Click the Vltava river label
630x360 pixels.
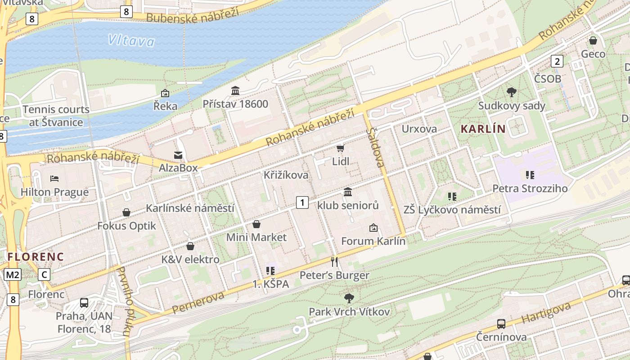131,41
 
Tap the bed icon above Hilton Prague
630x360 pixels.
54,179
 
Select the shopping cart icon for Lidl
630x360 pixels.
340,148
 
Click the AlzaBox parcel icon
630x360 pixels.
178,155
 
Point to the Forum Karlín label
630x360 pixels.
373,241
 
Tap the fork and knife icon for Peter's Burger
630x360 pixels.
334,262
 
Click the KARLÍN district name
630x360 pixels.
483,129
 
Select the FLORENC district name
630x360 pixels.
36,256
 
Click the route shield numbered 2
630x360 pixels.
557,61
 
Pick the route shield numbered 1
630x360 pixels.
302,202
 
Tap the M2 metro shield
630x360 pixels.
13,274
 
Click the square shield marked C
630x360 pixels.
44,274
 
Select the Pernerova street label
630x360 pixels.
198,303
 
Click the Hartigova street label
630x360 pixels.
546,313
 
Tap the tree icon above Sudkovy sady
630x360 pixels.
511,92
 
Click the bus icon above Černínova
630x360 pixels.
501,324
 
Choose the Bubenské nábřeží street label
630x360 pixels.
192,16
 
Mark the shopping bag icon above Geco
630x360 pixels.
593,40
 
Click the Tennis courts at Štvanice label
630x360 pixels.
56,116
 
